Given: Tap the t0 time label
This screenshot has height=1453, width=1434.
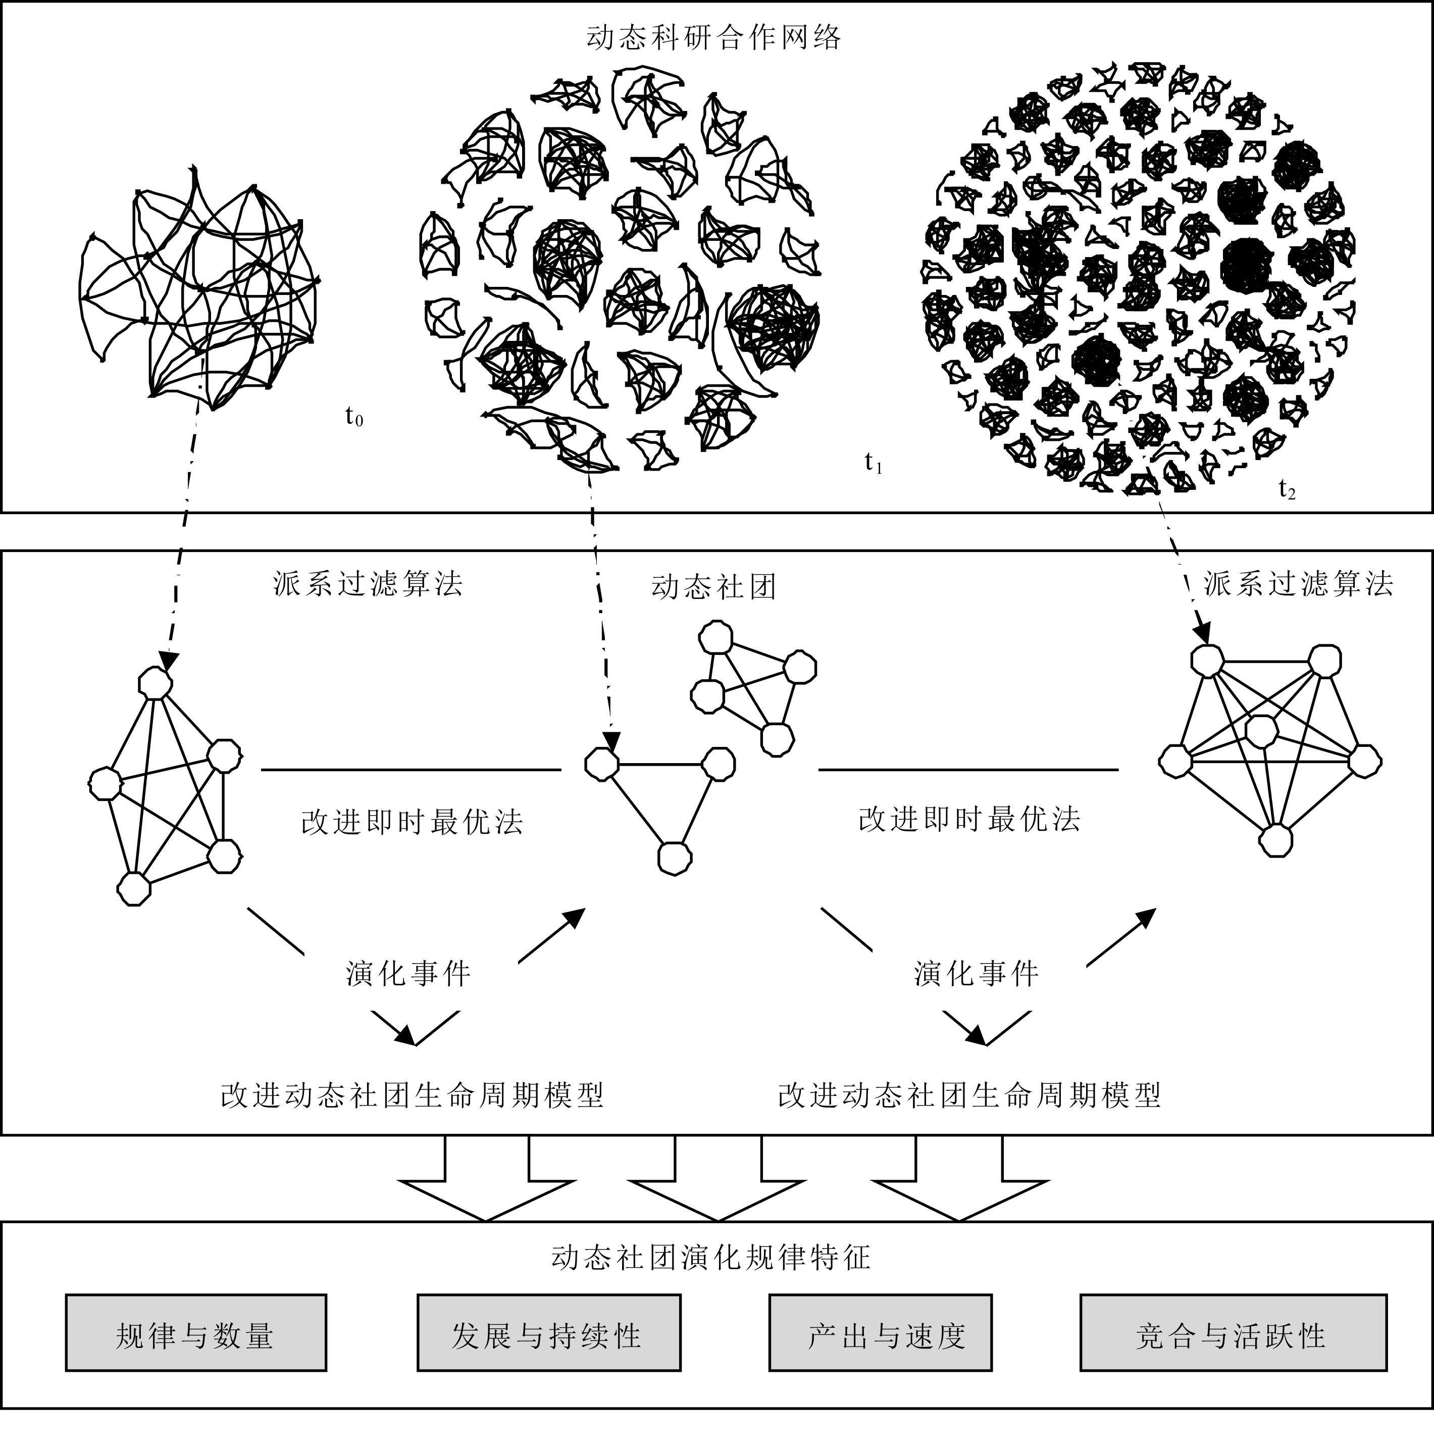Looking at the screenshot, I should coord(354,415).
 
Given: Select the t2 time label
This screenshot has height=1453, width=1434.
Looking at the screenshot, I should coord(1288,489).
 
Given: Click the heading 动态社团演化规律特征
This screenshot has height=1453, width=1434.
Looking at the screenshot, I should coord(710,1258).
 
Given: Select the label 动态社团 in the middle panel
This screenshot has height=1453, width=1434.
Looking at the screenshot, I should coord(713,587).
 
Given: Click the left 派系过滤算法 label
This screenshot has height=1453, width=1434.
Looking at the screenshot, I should coord(368,584).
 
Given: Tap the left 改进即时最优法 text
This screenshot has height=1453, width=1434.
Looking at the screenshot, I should coord(412,822).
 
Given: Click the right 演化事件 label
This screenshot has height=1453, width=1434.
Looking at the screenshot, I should coord(976,974).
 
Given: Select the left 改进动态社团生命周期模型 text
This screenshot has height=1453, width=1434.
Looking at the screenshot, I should coord(412,1096).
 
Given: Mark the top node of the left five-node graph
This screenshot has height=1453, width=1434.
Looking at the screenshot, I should coord(156,684).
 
